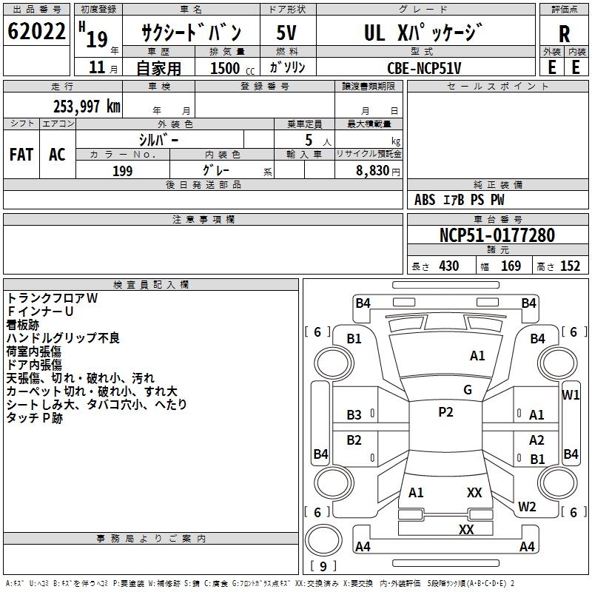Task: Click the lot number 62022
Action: pos(36,33)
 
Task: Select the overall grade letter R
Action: pos(564,33)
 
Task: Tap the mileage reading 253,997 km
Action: pos(87,106)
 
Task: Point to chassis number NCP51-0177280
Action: pos(497,235)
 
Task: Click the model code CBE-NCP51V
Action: pos(424,67)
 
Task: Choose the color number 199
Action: pos(122,171)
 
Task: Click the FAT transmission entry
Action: pos(21,155)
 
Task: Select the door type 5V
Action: pos(287,33)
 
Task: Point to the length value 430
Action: pos(448,266)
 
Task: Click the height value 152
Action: pos(569,266)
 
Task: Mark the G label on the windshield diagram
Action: pos(468,389)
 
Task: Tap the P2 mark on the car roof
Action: pos(445,412)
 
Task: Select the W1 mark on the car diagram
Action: pos(571,394)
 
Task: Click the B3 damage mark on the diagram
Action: pos(354,415)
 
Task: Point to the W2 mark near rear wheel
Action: pos(527,507)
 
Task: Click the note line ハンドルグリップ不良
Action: pos(63,338)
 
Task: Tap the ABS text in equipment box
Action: pos(425,200)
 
